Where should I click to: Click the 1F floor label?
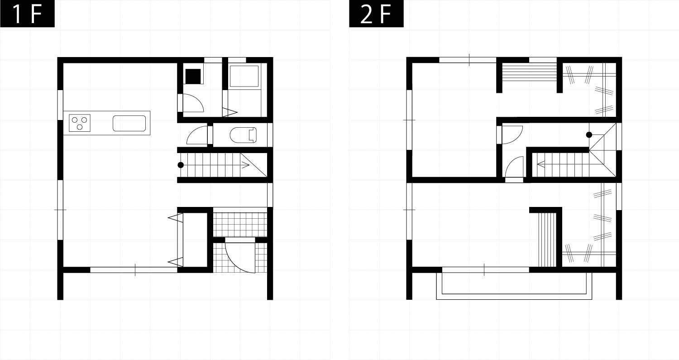tap(27, 14)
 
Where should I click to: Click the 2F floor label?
tap(376, 14)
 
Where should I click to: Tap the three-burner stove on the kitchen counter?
tap(80, 123)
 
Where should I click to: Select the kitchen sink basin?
tap(129, 123)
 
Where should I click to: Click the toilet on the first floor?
tap(243, 135)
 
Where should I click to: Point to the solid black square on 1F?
tap(193, 76)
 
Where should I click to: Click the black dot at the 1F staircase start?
tap(181, 165)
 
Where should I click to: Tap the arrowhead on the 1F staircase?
tap(246, 165)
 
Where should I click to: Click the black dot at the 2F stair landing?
tap(589, 135)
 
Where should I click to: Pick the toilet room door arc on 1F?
tap(197, 135)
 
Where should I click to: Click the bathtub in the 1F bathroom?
tap(244, 76)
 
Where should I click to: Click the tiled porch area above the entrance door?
tap(240, 225)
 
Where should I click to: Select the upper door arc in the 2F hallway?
tap(512, 134)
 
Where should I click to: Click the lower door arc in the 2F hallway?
tap(514, 167)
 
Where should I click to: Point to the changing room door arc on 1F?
tap(193, 103)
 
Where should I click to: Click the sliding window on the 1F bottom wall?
tap(134, 270)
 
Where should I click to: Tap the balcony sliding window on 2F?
tap(486, 270)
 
